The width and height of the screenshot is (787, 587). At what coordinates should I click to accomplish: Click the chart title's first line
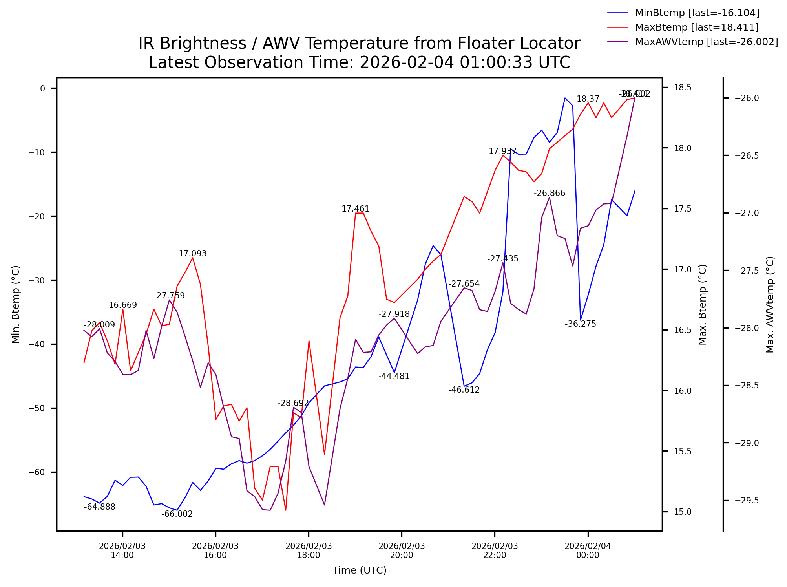[359, 43]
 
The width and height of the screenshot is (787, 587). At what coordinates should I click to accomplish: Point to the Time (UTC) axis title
[359, 570]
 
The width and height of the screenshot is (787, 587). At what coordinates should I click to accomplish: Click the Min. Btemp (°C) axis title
[16, 304]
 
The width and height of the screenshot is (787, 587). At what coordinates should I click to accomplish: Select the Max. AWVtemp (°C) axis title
[770, 304]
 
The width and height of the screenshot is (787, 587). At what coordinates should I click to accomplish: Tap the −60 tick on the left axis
[37, 472]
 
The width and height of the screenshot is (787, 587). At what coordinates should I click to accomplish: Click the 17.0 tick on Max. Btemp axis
[683, 269]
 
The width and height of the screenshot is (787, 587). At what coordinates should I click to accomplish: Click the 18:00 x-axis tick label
[309, 550]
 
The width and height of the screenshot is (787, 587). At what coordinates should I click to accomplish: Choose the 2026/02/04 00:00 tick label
[588, 550]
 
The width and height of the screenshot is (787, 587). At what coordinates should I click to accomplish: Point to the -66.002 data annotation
[177, 514]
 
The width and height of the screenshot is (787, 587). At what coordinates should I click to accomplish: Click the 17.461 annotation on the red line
[355, 209]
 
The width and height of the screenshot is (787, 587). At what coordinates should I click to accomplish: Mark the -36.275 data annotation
[580, 324]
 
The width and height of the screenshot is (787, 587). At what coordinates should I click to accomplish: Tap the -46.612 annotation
[464, 390]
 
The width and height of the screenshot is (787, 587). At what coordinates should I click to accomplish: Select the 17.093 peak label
[192, 254]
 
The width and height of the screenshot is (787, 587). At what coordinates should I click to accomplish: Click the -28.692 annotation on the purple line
[293, 403]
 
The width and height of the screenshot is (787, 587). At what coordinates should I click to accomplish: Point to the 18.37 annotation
[588, 99]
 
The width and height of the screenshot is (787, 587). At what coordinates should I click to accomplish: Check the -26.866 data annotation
[549, 193]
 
